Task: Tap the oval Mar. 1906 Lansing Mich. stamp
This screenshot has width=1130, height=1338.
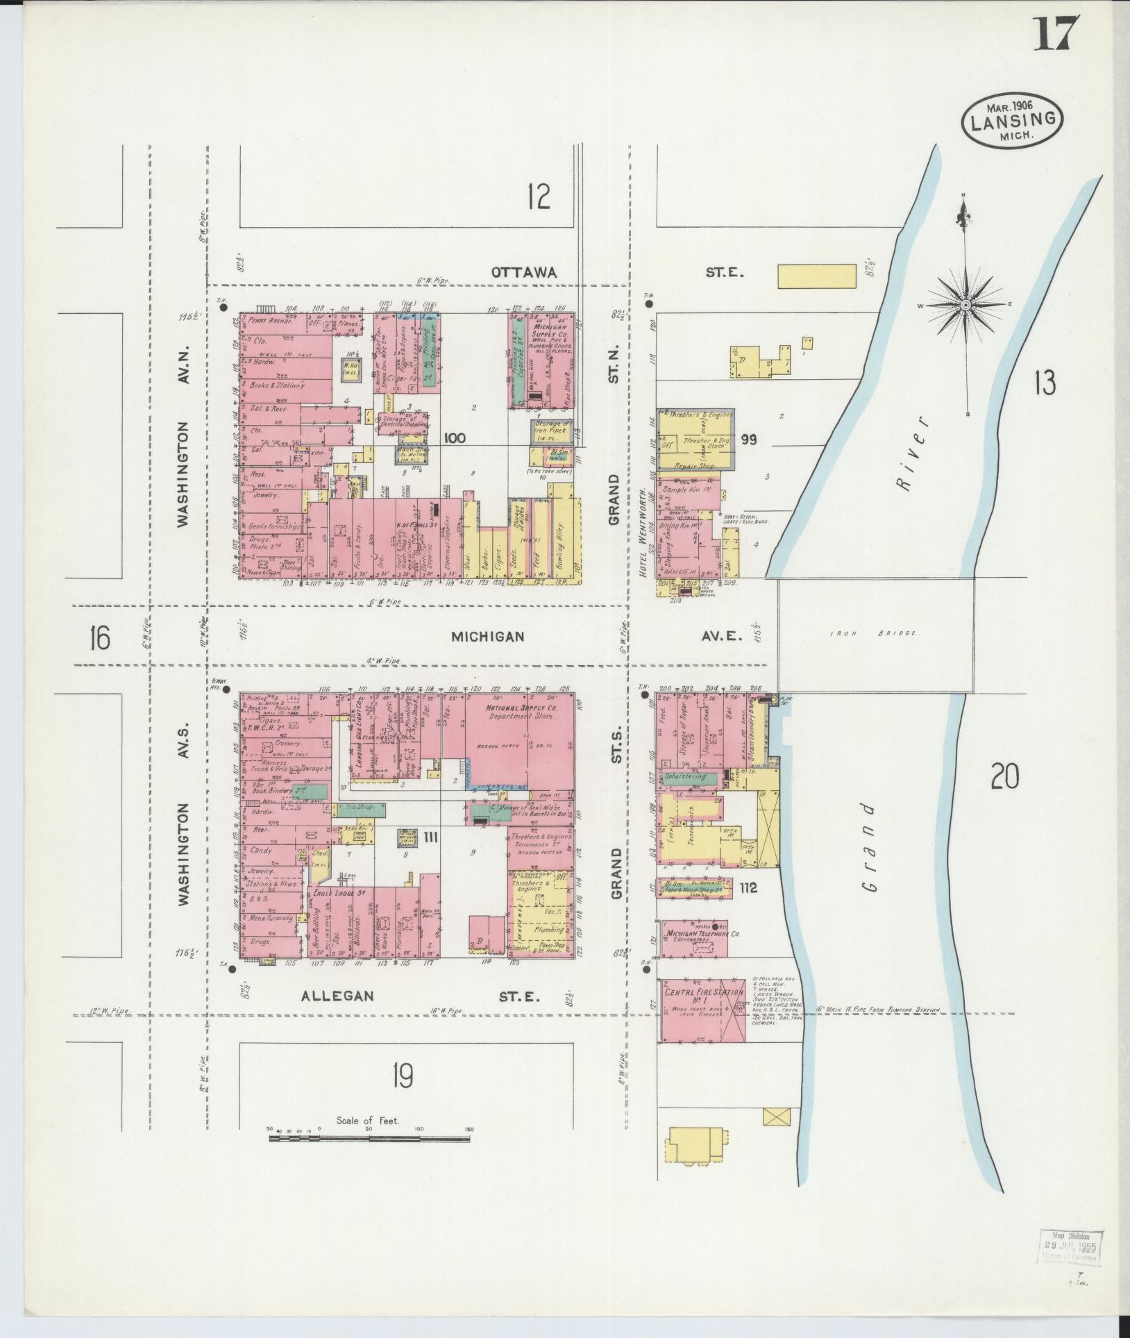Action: [x=1013, y=119]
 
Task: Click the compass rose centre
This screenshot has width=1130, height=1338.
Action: [x=965, y=306]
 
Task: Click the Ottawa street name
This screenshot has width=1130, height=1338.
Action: [x=524, y=273]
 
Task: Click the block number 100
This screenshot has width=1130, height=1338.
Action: [x=457, y=438]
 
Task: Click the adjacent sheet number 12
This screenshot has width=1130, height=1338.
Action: [x=538, y=197]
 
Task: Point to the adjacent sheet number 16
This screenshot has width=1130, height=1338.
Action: [x=99, y=637]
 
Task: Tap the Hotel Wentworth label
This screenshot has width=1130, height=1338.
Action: [x=643, y=524]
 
